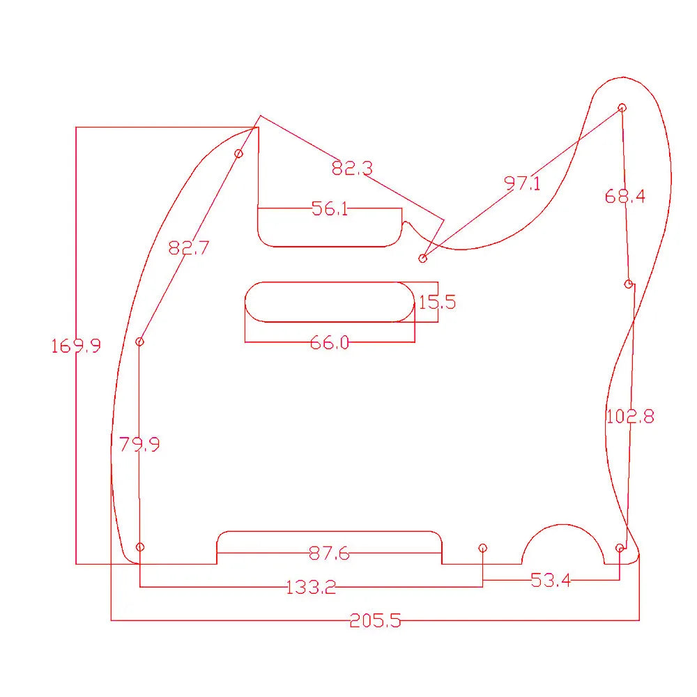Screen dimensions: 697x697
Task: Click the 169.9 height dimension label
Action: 76,345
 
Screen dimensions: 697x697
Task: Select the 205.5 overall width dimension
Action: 375,620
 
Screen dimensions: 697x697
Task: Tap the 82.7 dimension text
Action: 189,247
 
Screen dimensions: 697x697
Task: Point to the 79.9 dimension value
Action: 139,444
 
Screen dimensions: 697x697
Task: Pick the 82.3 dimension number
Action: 352,168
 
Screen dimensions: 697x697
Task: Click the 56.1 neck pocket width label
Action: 330,208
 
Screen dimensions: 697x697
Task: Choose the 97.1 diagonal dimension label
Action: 522,183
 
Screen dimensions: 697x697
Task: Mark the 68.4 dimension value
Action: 625,197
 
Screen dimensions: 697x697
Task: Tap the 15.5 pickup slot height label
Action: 437,302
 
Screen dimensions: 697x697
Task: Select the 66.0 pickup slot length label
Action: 330,342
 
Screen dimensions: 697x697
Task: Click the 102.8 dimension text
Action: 630,417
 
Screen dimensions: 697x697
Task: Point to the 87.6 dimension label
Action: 329,553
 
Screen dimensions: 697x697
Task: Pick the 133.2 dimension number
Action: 311,587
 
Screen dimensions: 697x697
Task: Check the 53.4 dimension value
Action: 551,580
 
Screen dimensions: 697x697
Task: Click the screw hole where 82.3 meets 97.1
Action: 422,259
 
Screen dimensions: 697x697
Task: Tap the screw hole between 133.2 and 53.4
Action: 483,548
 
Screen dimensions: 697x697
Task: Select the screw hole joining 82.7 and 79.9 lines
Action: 139,342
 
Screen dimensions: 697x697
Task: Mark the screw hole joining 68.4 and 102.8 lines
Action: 629,284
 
